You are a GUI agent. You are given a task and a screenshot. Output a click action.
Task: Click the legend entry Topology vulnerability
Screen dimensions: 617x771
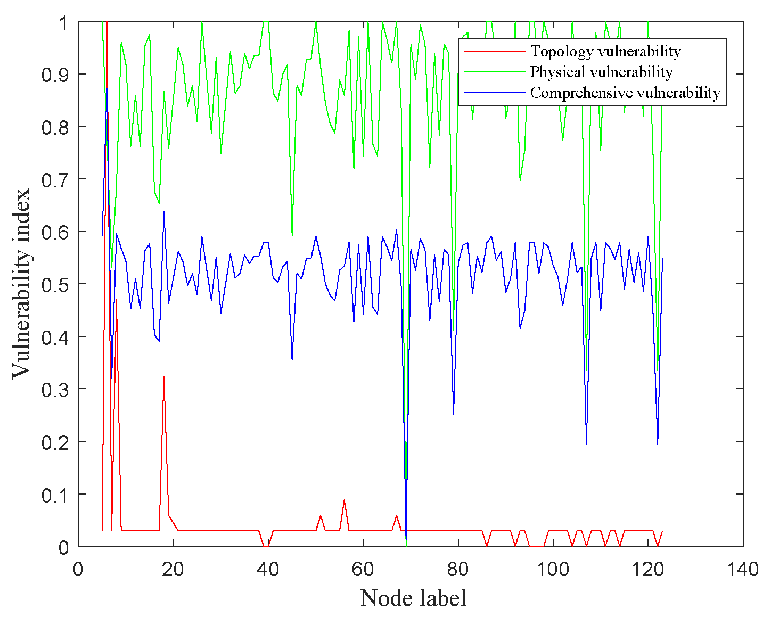click(x=605, y=51)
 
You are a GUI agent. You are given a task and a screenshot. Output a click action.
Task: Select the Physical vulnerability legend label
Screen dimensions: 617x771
click(x=601, y=72)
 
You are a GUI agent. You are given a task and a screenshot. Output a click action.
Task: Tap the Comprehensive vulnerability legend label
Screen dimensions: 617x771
click(x=625, y=93)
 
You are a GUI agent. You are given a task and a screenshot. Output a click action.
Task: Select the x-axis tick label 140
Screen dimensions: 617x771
click(x=743, y=569)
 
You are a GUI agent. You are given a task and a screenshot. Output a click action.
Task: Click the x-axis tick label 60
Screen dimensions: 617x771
click(x=363, y=569)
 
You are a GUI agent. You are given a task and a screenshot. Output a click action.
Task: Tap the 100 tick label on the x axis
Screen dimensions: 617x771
click(x=553, y=569)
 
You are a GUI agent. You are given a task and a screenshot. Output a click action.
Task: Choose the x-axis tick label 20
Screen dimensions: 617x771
click(x=173, y=569)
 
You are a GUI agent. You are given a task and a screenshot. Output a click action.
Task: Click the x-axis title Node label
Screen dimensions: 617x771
click(x=414, y=598)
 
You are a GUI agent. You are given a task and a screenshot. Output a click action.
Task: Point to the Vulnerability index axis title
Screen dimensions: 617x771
click(x=22, y=284)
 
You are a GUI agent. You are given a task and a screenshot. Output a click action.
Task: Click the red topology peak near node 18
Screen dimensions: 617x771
click(x=164, y=376)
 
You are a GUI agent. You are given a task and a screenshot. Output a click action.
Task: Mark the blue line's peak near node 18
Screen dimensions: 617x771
click(x=164, y=212)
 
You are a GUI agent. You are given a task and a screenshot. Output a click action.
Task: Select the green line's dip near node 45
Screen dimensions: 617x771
click(x=292, y=235)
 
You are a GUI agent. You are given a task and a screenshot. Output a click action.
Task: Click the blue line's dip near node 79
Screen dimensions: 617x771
click(x=454, y=414)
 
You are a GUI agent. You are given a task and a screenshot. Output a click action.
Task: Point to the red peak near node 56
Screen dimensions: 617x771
click(x=345, y=500)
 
